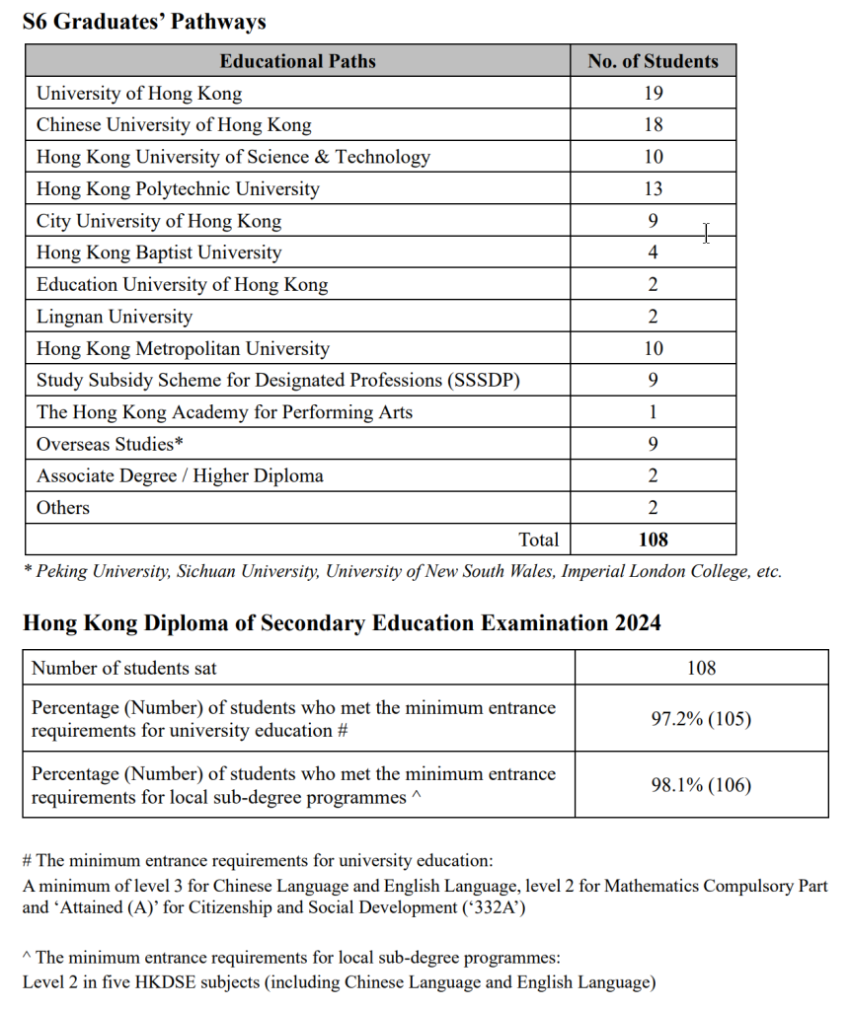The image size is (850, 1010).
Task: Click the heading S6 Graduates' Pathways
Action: point(144,22)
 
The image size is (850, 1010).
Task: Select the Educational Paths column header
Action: point(297,61)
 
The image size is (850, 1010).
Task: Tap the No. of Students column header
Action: point(653,61)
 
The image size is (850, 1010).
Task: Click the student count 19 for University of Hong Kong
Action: point(653,94)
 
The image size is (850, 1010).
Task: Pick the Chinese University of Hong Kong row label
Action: point(174,125)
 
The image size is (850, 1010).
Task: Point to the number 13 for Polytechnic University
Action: point(653,188)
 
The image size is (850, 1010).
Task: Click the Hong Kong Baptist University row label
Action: point(159,252)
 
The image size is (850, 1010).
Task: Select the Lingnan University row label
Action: point(115,317)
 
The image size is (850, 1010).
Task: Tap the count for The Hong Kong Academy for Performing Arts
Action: point(653,412)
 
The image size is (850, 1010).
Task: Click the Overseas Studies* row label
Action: point(110,444)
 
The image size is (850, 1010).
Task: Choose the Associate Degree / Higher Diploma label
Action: point(180,476)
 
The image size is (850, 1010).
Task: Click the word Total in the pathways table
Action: point(538,540)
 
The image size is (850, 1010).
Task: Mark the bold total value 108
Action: point(653,540)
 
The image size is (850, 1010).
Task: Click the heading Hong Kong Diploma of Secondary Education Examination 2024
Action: point(342,623)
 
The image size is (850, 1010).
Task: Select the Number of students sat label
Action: point(124,668)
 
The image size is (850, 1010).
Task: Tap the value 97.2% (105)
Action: point(701,719)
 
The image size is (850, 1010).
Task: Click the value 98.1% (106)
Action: point(701,786)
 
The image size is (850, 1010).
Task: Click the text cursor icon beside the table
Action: point(706,234)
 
